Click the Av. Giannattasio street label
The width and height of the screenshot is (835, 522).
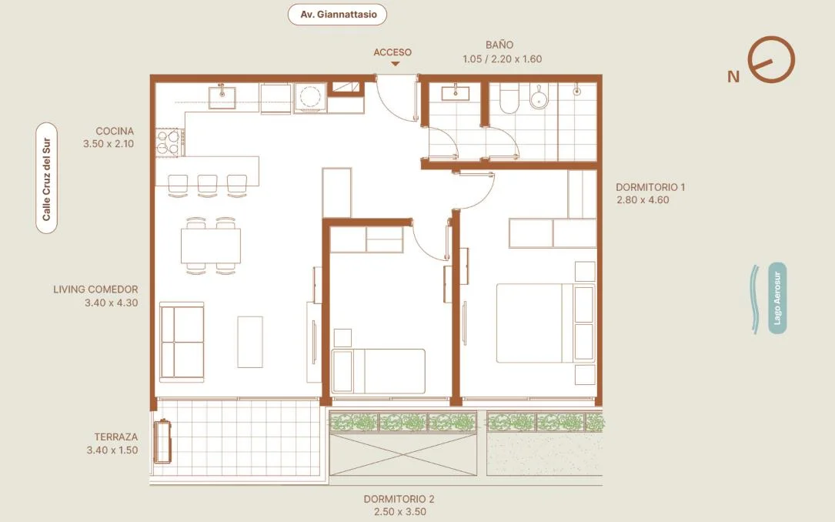pyautogui.click(x=337, y=15)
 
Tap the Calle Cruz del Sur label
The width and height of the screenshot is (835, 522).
pyautogui.click(x=46, y=178)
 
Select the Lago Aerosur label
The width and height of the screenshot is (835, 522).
pyautogui.click(x=777, y=298)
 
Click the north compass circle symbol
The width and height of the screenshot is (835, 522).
pyautogui.click(x=771, y=59)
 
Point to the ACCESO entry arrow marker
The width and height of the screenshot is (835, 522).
pyautogui.click(x=395, y=64)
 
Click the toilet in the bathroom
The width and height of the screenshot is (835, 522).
pyautogui.click(x=509, y=99)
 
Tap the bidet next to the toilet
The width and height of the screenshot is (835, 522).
pyautogui.click(x=539, y=97)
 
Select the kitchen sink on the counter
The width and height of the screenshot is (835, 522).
pyautogui.click(x=222, y=96)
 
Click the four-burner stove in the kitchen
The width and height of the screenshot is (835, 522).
pyautogui.click(x=169, y=142)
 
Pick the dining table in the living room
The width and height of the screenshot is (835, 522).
pyautogui.click(x=210, y=246)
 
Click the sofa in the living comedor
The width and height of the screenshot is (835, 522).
pyautogui.click(x=182, y=342)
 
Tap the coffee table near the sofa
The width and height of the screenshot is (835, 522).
pyautogui.click(x=250, y=342)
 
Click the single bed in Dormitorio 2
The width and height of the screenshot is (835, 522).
pyautogui.click(x=378, y=371)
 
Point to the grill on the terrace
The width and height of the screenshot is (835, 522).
pyautogui.click(x=162, y=442)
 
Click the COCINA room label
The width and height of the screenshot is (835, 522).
pyautogui.click(x=115, y=131)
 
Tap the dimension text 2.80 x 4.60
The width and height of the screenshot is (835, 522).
pyautogui.click(x=643, y=200)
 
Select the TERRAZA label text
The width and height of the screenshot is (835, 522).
pyautogui.click(x=116, y=437)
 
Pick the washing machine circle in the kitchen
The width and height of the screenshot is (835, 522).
pyautogui.click(x=310, y=98)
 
